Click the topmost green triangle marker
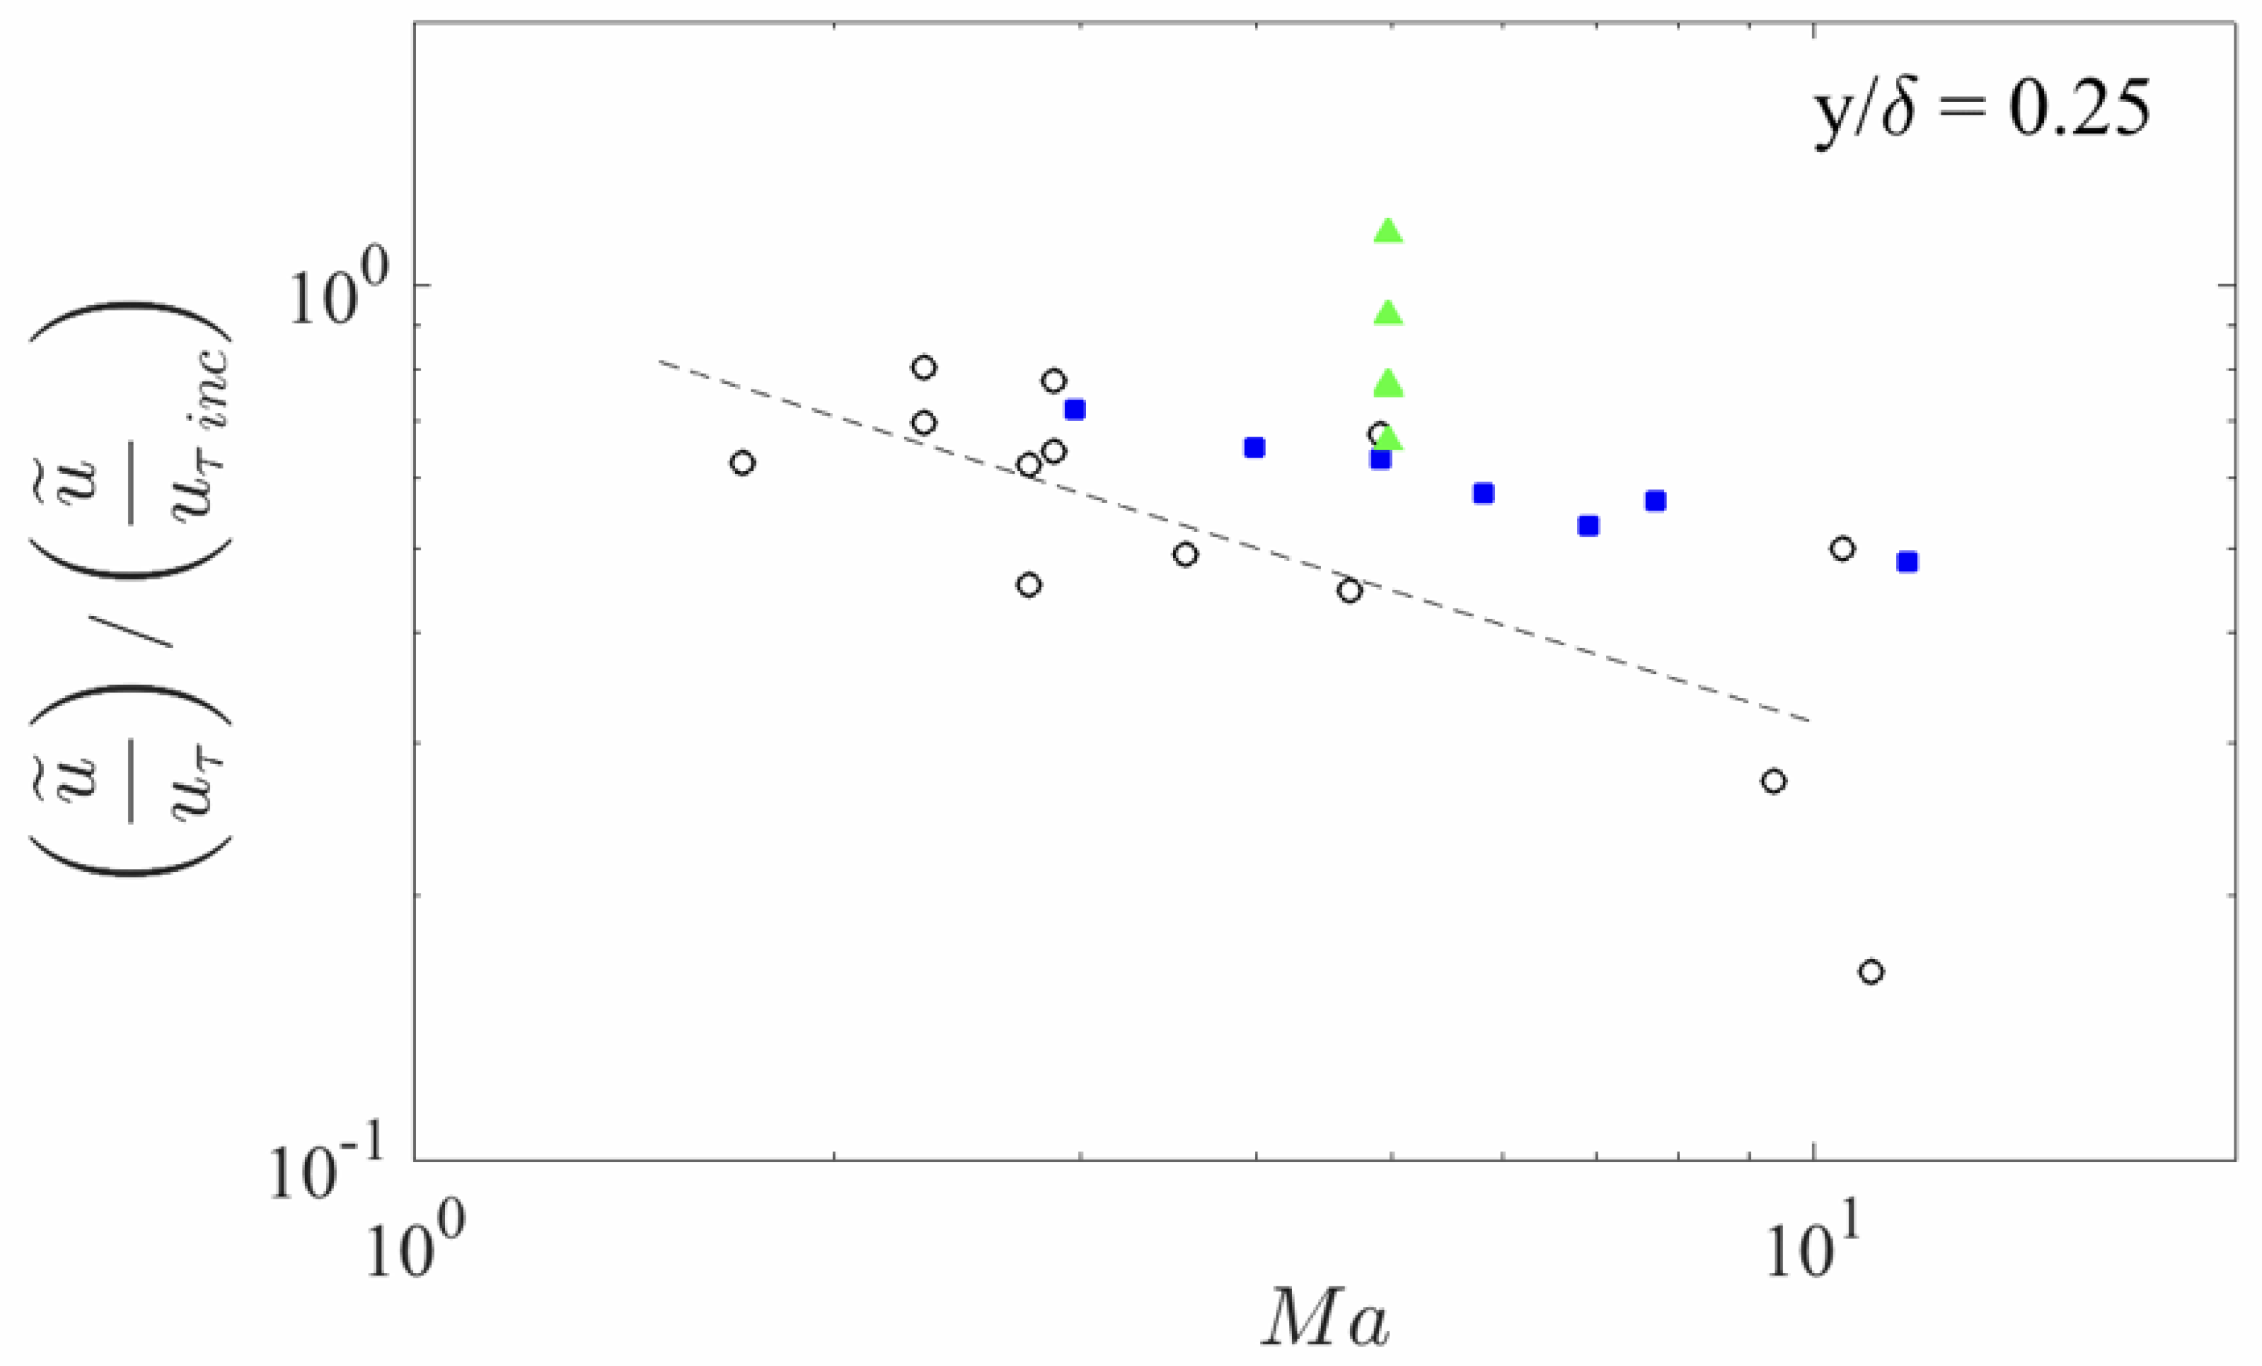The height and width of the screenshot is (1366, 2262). (x=1389, y=231)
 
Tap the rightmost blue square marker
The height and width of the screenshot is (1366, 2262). (x=1908, y=562)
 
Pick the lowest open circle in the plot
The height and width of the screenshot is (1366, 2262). (x=1872, y=972)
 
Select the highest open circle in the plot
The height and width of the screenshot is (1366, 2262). (x=925, y=368)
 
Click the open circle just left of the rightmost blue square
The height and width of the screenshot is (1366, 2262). (x=1841, y=549)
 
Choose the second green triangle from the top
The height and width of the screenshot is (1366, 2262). (x=1389, y=314)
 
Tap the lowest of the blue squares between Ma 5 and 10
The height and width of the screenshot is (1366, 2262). (x=1589, y=526)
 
